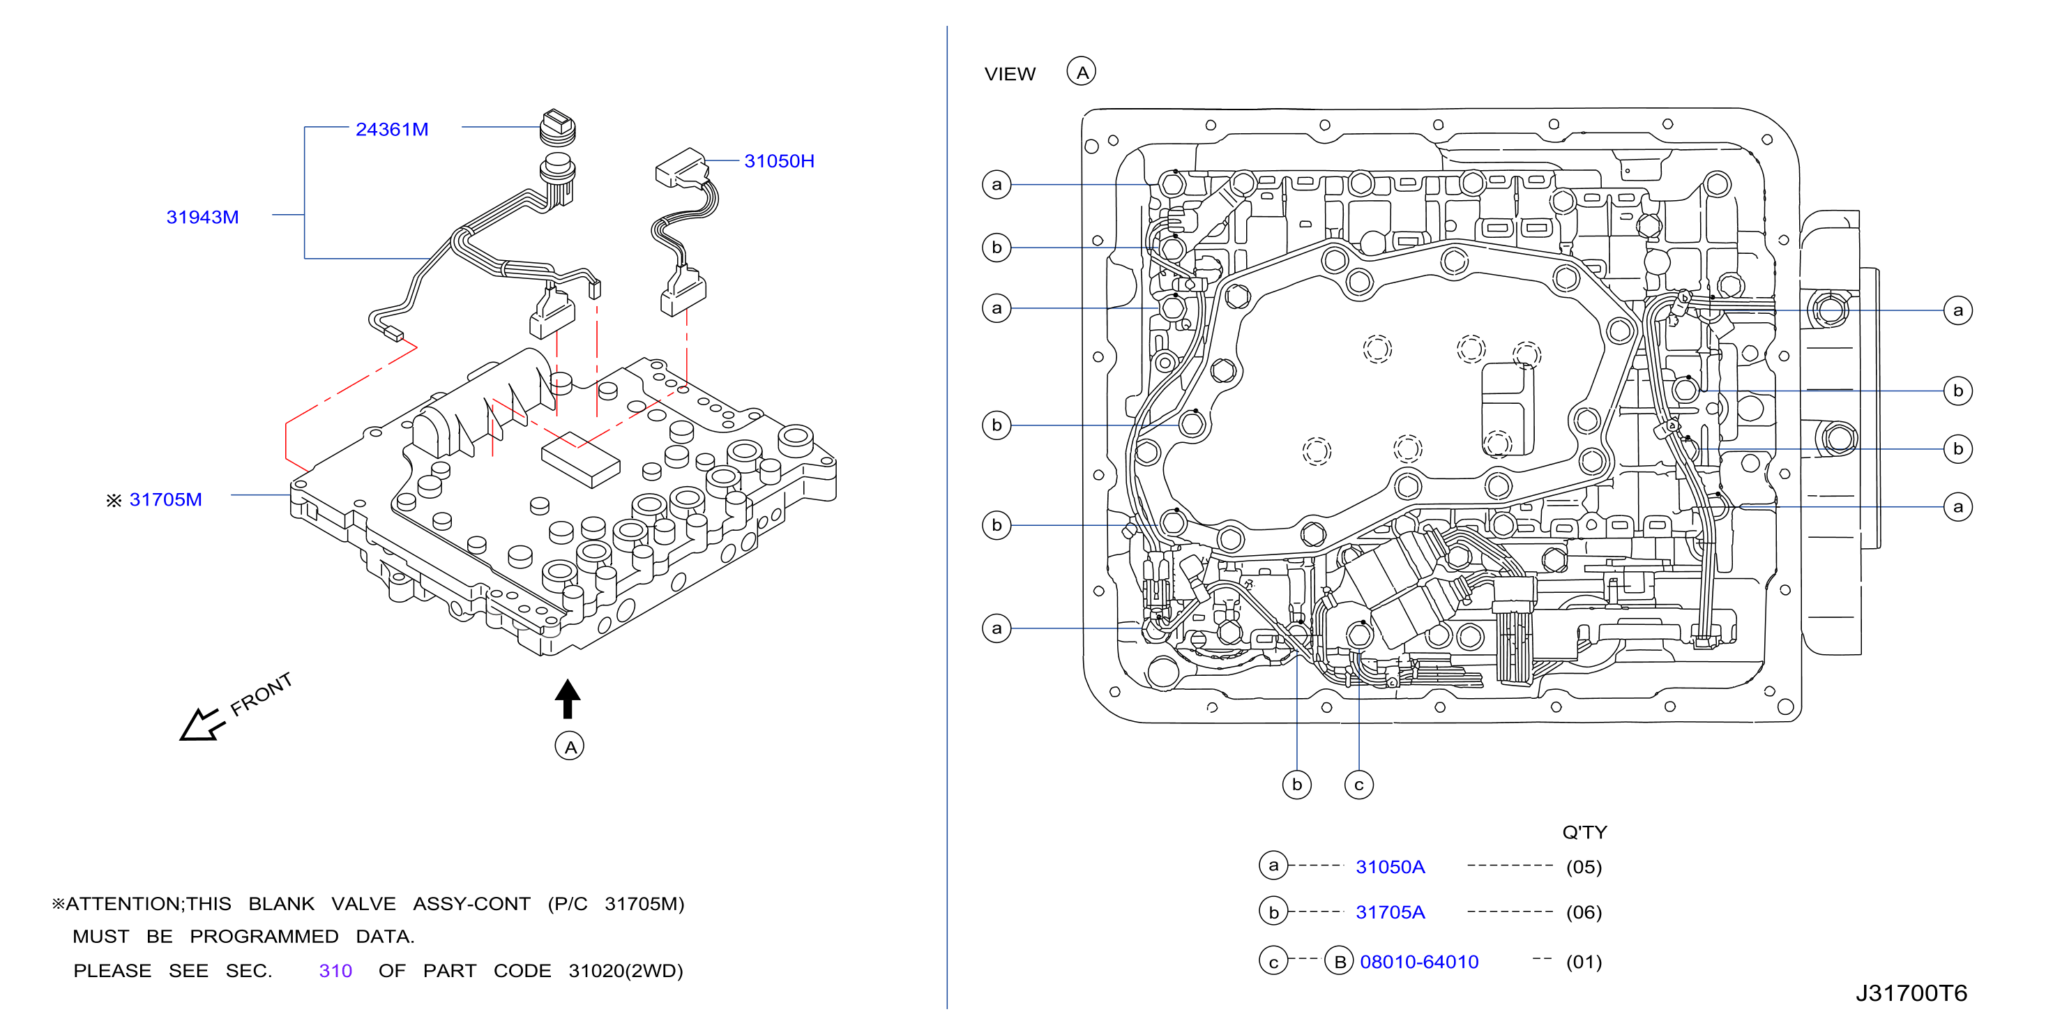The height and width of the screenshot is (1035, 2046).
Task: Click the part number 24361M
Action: click(392, 129)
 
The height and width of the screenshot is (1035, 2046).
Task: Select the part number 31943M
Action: click(202, 217)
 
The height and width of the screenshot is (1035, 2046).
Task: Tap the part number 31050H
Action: click(779, 160)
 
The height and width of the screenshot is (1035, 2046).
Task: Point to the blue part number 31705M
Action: click(165, 499)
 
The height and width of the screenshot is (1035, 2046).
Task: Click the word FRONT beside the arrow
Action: click(262, 693)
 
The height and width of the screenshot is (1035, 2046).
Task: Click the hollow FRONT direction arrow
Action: click(202, 724)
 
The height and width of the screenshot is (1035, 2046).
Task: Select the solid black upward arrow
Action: click(567, 698)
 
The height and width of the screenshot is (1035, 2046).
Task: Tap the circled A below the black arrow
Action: click(570, 747)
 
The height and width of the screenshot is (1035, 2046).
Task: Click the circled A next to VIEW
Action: click(1081, 72)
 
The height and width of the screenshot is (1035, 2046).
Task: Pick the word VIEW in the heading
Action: click(1010, 74)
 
